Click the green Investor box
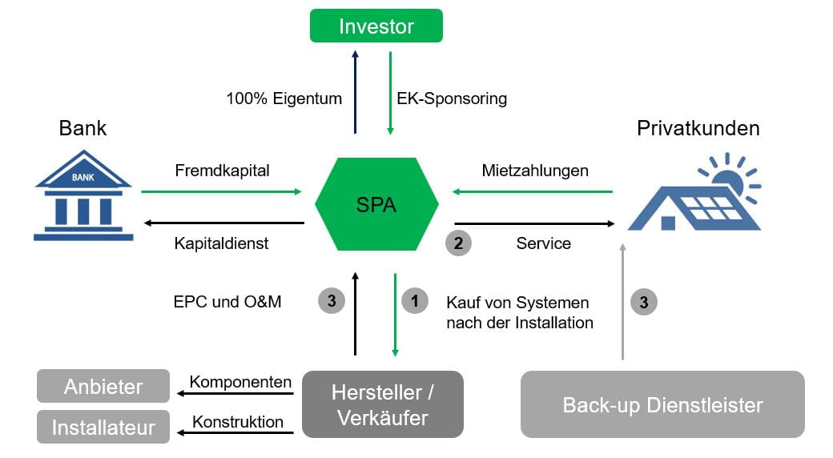tap(376, 26)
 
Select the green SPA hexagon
tap(376, 204)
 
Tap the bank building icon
tap(83, 196)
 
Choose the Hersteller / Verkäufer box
tap(382, 404)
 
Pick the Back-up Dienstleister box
tap(662, 404)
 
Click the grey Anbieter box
tap(103, 386)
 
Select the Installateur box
tap(103, 427)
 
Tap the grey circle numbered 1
tap(414, 301)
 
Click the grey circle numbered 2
tap(458, 243)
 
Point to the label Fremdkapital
tap(222, 171)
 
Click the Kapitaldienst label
tap(221, 243)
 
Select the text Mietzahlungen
tap(535, 171)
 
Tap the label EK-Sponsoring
tap(452, 99)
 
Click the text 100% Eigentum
tap(284, 99)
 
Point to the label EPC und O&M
tap(227, 302)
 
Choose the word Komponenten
tap(240, 382)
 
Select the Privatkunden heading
tap(698, 128)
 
